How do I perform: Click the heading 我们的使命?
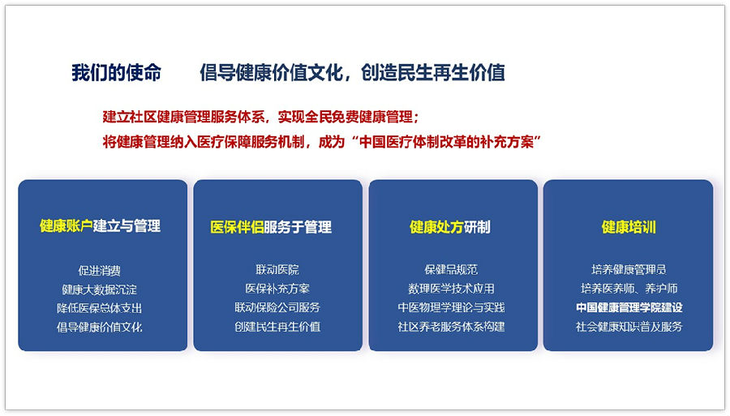[x=116, y=73]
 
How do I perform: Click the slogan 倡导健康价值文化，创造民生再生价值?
[x=353, y=73]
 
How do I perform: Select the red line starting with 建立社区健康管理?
[x=260, y=117]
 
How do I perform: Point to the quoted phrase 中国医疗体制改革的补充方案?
[x=446, y=142]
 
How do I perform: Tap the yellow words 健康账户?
[x=67, y=225]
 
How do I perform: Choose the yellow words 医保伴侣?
[x=237, y=227]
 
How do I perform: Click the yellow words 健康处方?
[x=436, y=227]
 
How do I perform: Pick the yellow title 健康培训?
[x=629, y=227]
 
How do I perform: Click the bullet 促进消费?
[x=99, y=270]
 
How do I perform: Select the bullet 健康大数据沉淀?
[x=99, y=289]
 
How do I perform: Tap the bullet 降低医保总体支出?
[x=99, y=308]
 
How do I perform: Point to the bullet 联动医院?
[x=277, y=269]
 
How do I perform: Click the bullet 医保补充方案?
[x=277, y=289]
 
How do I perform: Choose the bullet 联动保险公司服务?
[x=277, y=307]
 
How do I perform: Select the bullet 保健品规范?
[x=451, y=269]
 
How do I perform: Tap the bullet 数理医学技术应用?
[x=451, y=289]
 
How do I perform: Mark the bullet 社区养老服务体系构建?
[x=451, y=327]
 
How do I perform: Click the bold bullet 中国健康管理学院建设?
[x=629, y=307]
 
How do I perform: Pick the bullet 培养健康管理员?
[x=629, y=269]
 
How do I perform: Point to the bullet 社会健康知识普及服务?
[x=629, y=327]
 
